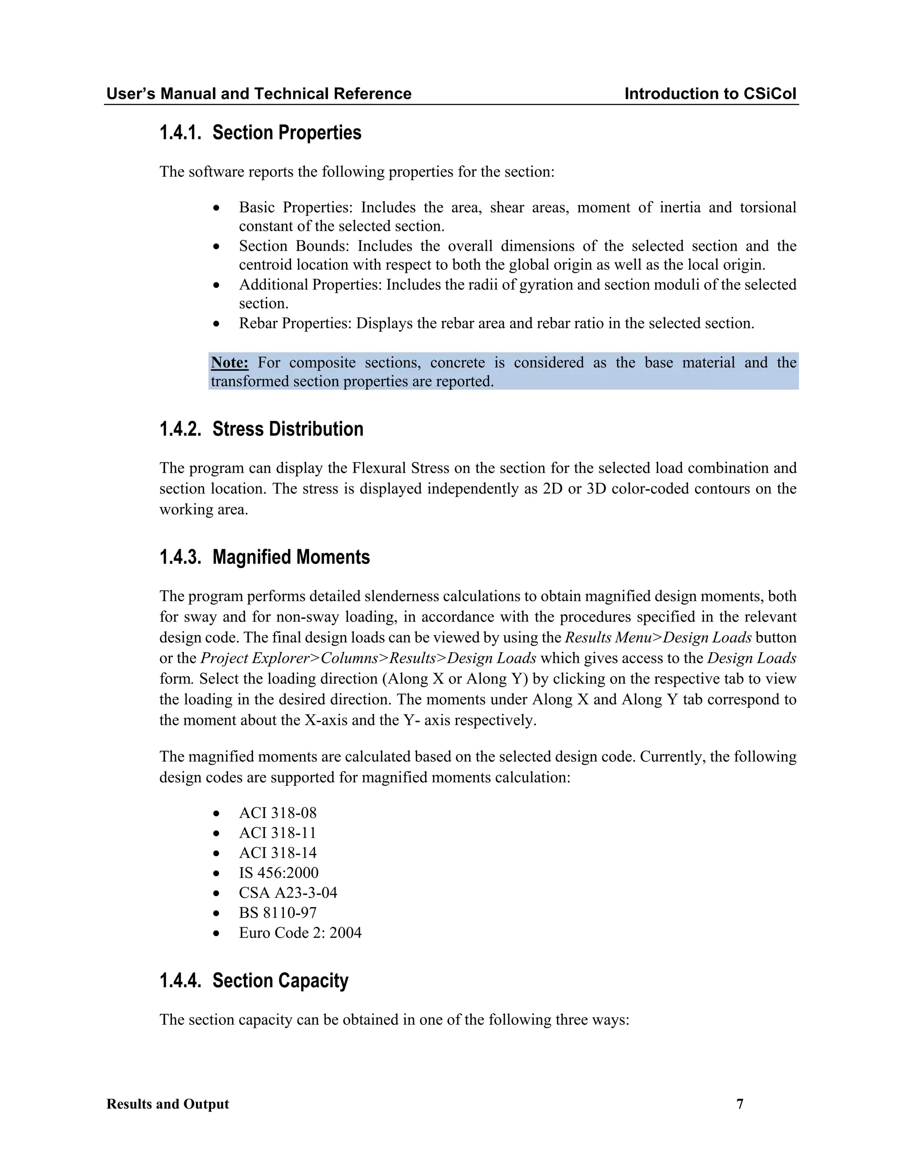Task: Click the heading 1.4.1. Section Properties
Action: point(260,133)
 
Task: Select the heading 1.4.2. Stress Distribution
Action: point(261,429)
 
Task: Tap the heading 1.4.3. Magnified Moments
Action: point(264,557)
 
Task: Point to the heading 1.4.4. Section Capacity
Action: point(254,980)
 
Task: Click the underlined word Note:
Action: point(229,363)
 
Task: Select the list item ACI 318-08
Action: point(278,813)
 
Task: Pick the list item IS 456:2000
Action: point(279,873)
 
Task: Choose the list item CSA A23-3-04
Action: point(288,893)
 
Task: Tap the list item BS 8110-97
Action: point(278,912)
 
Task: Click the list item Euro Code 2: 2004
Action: point(300,933)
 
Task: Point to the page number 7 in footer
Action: point(740,1104)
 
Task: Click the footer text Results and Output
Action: point(168,1104)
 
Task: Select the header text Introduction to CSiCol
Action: point(710,93)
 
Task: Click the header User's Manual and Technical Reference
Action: point(259,93)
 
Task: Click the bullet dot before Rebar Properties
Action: point(216,324)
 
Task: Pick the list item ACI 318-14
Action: point(278,852)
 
